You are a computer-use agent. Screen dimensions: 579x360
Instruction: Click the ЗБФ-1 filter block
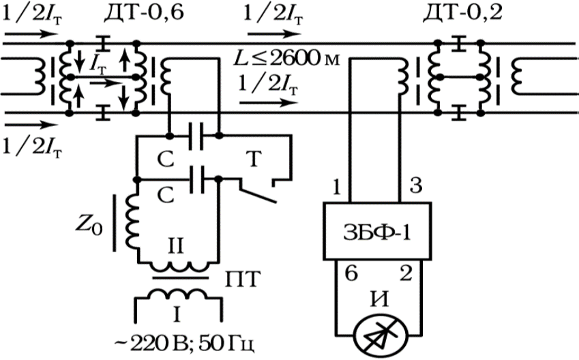pyautogui.click(x=377, y=230)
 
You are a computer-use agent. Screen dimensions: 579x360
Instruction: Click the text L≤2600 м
pyautogui.click(x=286, y=59)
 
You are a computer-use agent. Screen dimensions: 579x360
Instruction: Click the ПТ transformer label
pyautogui.click(x=243, y=280)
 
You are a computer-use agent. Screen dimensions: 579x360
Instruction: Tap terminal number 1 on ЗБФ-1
pyautogui.click(x=337, y=187)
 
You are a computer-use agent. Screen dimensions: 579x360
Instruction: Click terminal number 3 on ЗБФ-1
pyautogui.click(x=416, y=186)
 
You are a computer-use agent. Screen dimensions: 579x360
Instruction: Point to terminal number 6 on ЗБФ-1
pyautogui.click(x=351, y=273)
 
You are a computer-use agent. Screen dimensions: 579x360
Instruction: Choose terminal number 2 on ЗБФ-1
pyautogui.click(x=406, y=273)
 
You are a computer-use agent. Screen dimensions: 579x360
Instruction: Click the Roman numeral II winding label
pyautogui.click(x=176, y=246)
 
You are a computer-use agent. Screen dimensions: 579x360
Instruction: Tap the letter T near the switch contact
pyautogui.click(x=254, y=159)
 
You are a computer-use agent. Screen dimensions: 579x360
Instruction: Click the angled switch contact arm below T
pyautogui.click(x=257, y=192)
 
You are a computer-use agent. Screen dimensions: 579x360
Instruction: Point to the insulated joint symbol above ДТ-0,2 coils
pyautogui.click(x=458, y=44)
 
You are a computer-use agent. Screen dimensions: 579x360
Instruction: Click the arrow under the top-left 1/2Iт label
pyautogui.click(x=31, y=34)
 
